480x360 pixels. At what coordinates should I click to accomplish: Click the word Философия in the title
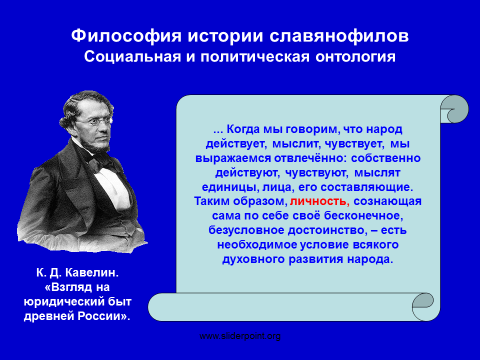126,36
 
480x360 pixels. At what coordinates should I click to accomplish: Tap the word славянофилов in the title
339,36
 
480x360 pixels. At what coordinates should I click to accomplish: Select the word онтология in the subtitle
355,57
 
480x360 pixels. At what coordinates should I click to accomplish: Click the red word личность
318,201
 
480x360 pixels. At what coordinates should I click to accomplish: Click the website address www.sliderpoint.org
240,336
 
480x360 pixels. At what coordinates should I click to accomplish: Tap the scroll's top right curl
454,109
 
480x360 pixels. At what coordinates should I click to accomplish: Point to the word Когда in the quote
243,129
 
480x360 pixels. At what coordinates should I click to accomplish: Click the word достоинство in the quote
327,230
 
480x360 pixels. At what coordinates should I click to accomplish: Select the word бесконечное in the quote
363,216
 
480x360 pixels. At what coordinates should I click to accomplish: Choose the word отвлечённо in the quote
310,158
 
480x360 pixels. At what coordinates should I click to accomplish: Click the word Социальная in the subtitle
132,57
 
